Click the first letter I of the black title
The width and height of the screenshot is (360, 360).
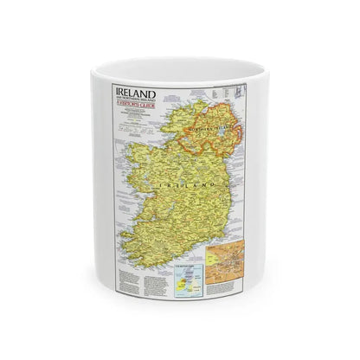pos(118,89)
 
